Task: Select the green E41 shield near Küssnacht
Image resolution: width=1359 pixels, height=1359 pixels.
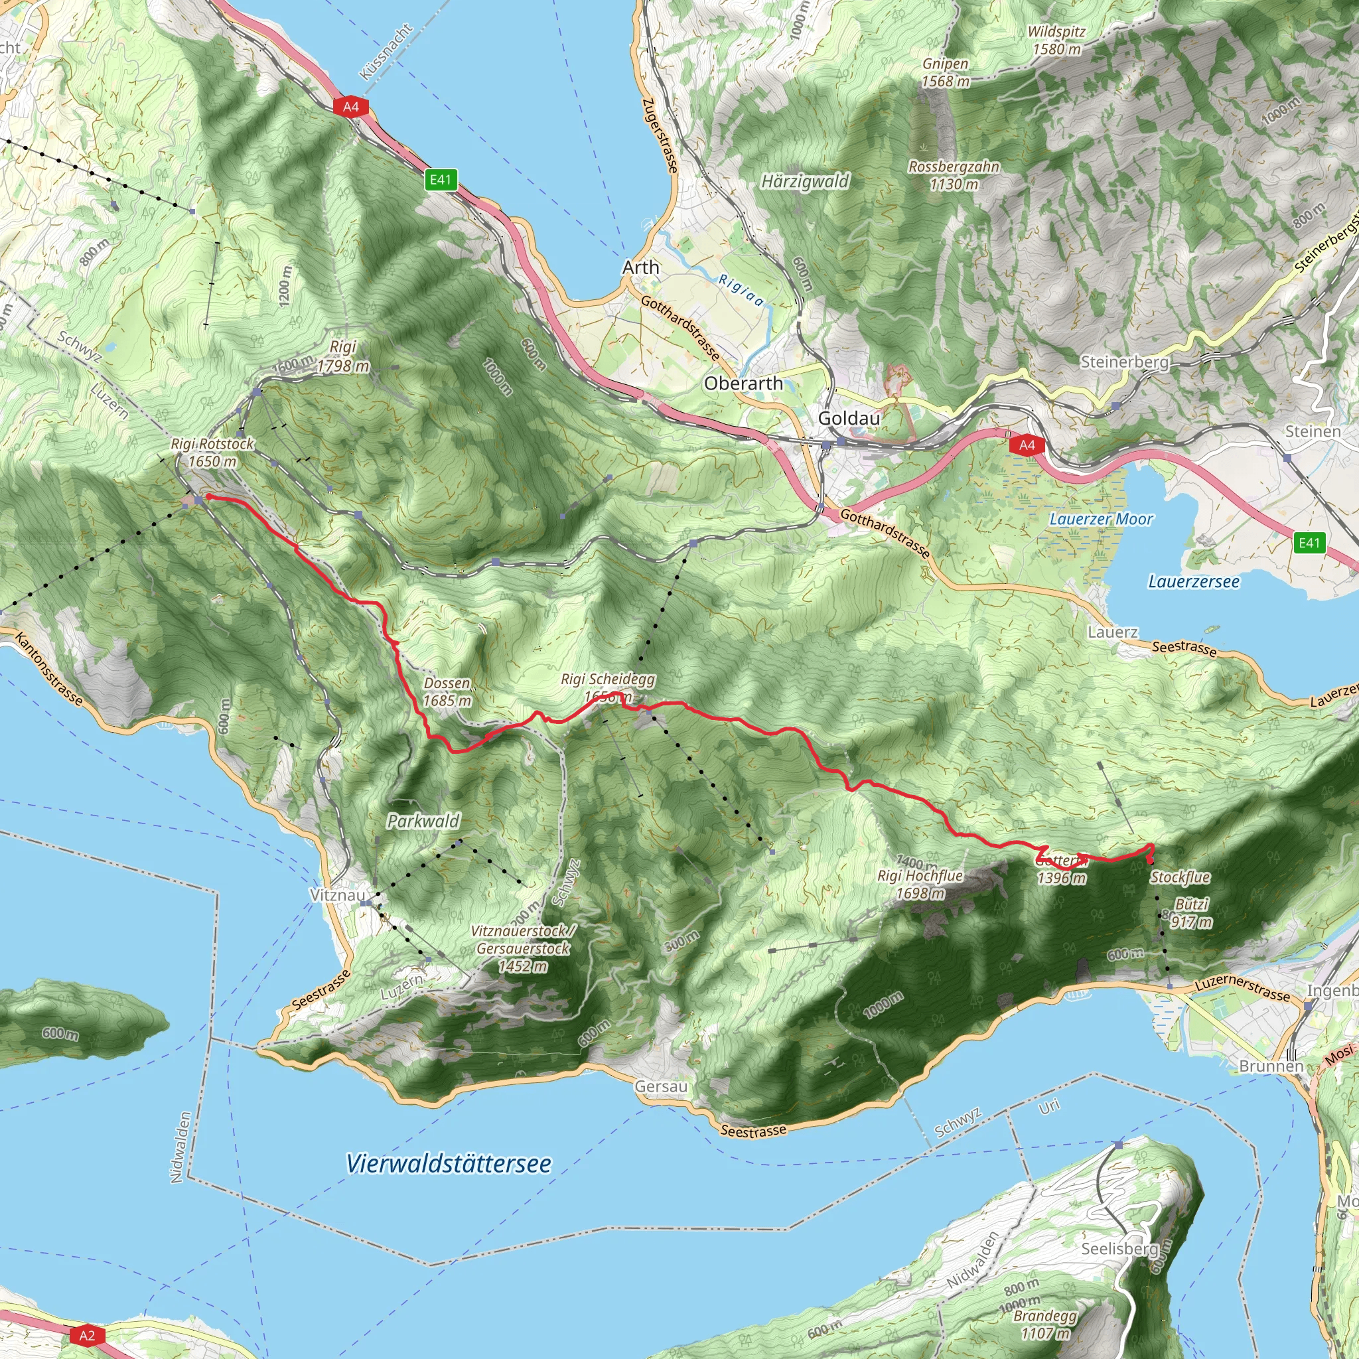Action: (x=441, y=179)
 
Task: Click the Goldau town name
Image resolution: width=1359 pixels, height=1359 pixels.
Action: (x=848, y=418)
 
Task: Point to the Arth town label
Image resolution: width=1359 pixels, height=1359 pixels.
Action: (x=640, y=267)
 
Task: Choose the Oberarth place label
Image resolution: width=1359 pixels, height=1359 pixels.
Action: (x=743, y=384)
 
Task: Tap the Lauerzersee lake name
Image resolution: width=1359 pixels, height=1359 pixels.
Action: (x=1194, y=582)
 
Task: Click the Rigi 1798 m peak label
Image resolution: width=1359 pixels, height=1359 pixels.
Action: (x=342, y=356)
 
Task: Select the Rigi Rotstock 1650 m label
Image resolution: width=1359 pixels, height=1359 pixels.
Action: (x=212, y=453)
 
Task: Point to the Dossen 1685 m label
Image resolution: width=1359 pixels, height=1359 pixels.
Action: (x=447, y=691)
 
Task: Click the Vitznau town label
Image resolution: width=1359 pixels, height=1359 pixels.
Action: (x=338, y=895)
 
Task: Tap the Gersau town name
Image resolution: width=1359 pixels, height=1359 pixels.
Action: (x=660, y=1087)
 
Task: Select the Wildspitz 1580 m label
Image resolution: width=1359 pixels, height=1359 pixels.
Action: (x=1056, y=40)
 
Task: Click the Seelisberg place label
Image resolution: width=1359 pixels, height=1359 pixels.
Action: (x=1119, y=1249)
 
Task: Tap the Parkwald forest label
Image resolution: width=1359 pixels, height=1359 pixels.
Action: (x=423, y=821)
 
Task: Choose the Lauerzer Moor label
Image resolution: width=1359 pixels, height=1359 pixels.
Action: (x=1101, y=519)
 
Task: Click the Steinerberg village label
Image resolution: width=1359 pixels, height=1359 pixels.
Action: (x=1124, y=362)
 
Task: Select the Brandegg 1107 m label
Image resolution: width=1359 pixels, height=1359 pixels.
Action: (x=1045, y=1324)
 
